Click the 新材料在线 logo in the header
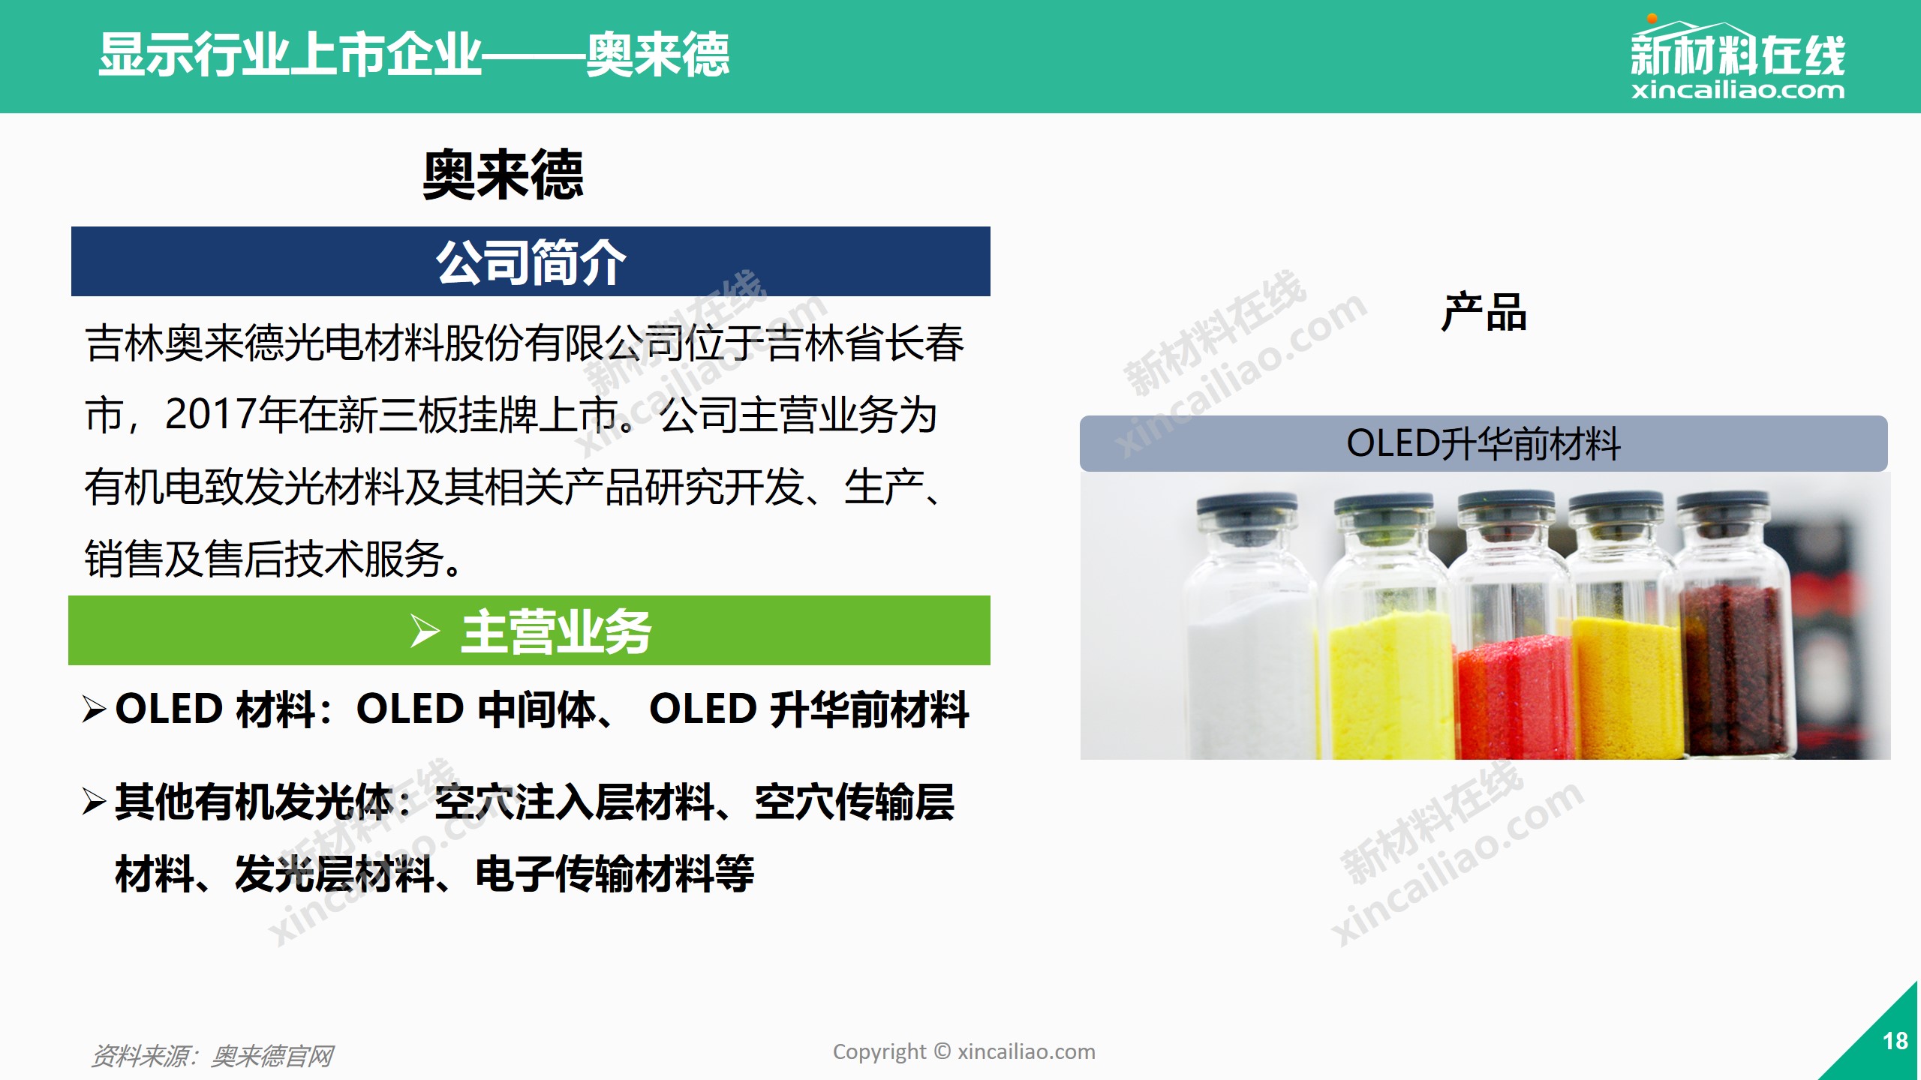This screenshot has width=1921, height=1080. click(x=1737, y=58)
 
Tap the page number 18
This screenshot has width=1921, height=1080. click(x=1895, y=1041)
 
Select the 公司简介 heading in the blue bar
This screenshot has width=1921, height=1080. click(x=531, y=262)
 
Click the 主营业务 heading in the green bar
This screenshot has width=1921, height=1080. click(x=556, y=631)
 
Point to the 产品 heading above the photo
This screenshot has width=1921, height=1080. click(x=1484, y=312)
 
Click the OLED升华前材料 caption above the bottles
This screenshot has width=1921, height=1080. click(x=1484, y=443)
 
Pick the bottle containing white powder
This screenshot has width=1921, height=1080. click(x=1249, y=627)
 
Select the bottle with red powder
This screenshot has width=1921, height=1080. click(x=1510, y=625)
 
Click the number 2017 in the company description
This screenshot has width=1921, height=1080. click(x=210, y=414)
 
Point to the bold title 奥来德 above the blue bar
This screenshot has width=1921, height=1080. click(x=503, y=175)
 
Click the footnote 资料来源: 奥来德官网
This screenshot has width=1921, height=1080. click(x=212, y=1056)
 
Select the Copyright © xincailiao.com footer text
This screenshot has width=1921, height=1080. click(x=964, y=1052)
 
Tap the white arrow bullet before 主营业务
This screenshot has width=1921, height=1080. click(x=425, y=631)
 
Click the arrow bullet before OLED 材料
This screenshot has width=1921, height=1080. click(x=95, y=709)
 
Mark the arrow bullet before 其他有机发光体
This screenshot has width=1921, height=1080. click(x=95, y=802)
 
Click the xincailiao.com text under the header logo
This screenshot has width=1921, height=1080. click(x=1737, y=90)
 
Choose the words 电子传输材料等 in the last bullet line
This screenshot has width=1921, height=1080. click(x=615, y=874)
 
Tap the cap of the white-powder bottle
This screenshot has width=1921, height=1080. click(x=1247, y=510)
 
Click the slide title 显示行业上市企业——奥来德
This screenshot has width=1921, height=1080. click(x=413, y=55)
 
